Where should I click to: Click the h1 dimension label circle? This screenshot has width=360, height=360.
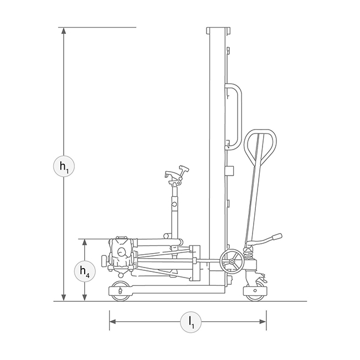point(64,166)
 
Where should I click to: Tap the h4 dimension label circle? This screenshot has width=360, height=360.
point(85,271)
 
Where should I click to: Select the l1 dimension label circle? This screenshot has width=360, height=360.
point(191,322)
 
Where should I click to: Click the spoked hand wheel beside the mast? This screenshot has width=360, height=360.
point(232,261)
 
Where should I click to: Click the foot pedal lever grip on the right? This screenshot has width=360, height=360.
point(277,236)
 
